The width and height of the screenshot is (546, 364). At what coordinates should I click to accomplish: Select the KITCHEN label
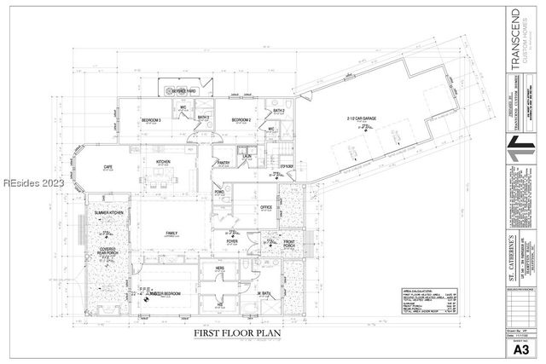[164, 163]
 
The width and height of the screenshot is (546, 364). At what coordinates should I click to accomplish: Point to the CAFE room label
[108, 167]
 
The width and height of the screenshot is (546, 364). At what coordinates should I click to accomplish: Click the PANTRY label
[224, 162]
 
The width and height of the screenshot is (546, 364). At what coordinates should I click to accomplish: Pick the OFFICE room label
[265, 206]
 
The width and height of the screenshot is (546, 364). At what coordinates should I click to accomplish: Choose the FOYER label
[232, 242]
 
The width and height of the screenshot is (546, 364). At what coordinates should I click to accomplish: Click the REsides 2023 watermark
[28, 183]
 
